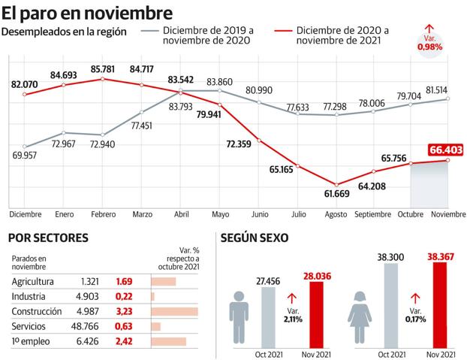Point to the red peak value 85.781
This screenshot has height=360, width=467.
coord(102,69)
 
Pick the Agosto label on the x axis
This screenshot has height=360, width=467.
coord(336,215)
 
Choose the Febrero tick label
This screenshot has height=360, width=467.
coord(102,215)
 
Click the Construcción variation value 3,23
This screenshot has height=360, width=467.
coord(125,311)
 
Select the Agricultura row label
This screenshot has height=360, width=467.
coord(33,282)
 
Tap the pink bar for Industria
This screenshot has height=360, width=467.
coord(153,297)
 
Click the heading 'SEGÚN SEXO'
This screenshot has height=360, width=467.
coord(255,238)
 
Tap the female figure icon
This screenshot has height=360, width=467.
coord(363,319)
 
